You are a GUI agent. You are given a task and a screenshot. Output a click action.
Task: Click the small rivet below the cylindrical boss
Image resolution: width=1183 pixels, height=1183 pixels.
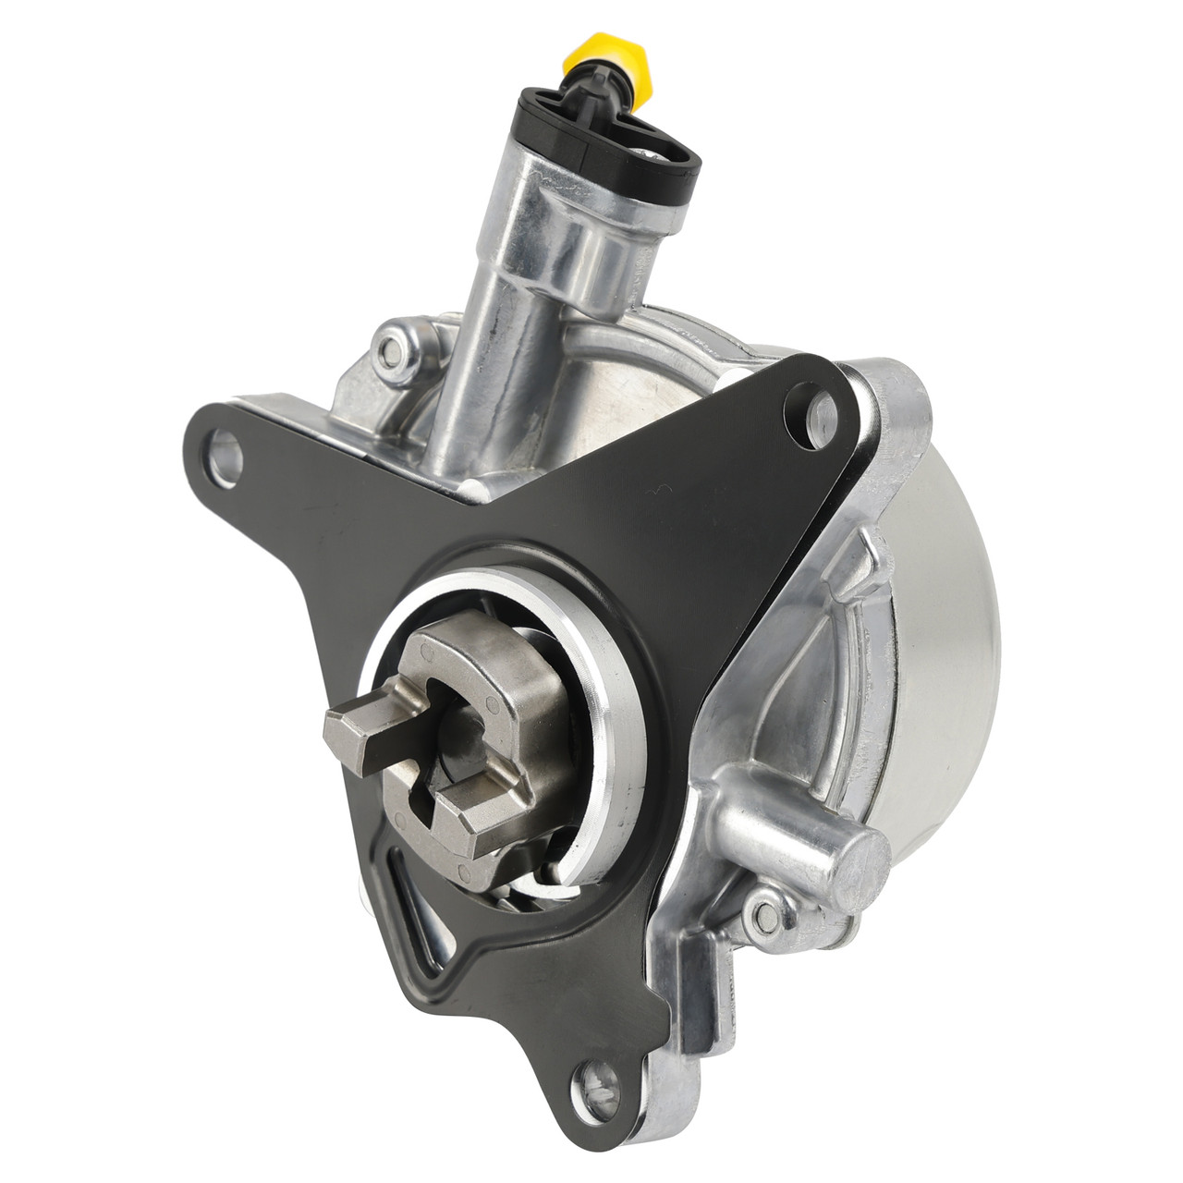tap(766, 915)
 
